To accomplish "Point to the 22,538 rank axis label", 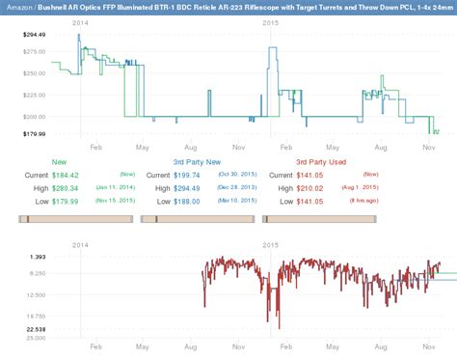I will (x=36, y=328).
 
